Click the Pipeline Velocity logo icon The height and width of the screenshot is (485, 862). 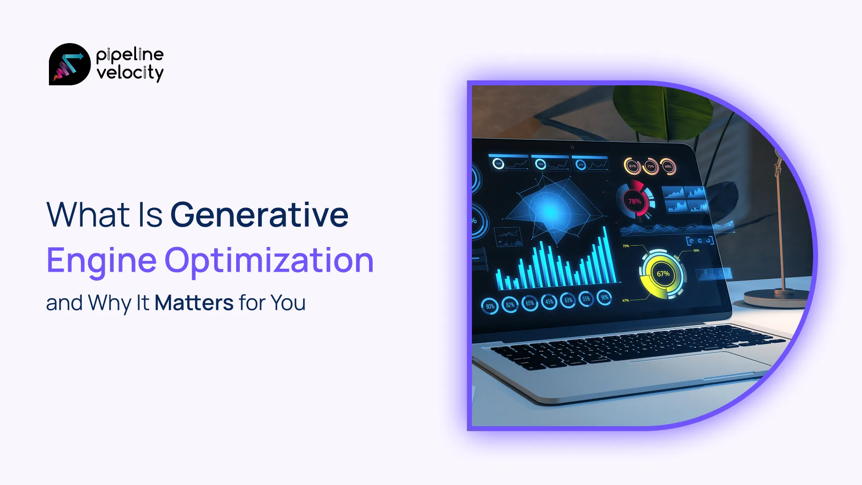[x=70, y=64]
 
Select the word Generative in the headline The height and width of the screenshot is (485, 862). [x=259, y=215]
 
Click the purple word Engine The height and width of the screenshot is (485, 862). [x=101, y=260]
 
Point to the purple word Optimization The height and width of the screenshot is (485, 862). [x=269, y=260]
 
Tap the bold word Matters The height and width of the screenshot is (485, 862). [x=194, y=303]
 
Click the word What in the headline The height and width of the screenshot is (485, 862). [x=88, y=215]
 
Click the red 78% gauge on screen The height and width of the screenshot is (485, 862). [x=634, y=201]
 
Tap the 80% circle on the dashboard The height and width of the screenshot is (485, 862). [x=490, y=307]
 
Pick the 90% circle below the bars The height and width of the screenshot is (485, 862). [x=605, y=297]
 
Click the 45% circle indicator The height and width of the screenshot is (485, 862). [x=549, y=302]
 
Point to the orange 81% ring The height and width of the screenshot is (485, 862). [x=632, y=166]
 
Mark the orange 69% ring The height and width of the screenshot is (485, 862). [x=668, y=167]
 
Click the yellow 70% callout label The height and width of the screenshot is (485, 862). [x=626, y=246]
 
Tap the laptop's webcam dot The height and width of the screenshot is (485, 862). [x=572, y=147]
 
